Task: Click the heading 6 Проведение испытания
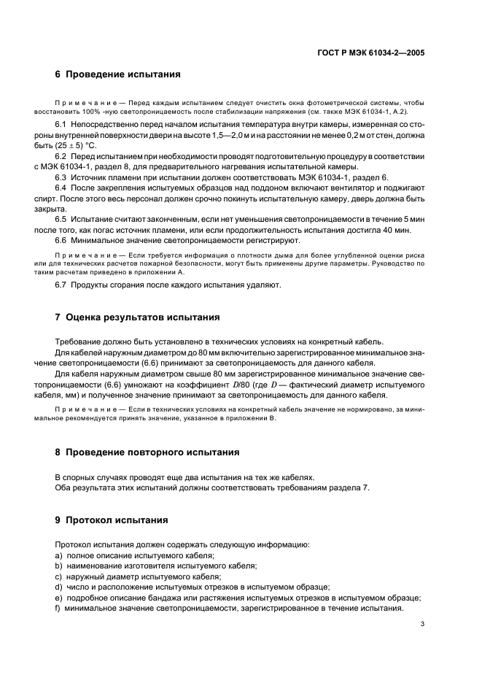pos(117,74)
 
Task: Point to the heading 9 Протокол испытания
pos(112,520)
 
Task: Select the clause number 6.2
pos(61,157)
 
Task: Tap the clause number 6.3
pos(61,177)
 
